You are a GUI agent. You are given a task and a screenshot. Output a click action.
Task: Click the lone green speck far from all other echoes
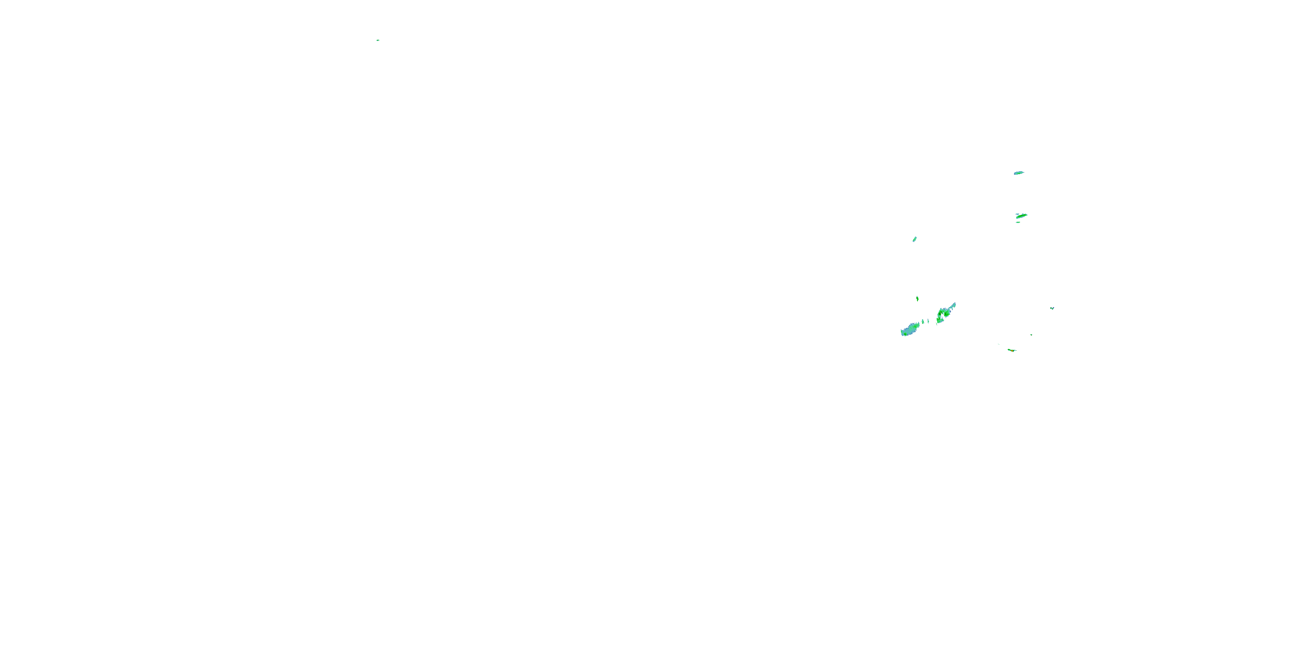(378, 40)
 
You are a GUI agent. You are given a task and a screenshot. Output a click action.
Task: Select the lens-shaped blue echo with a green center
(1018, 173)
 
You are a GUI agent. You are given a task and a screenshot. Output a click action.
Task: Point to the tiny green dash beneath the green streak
(1018, 222)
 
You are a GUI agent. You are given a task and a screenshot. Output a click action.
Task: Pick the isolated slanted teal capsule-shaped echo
(914, 239)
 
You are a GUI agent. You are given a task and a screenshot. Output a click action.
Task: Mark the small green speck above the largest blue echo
(917, 298)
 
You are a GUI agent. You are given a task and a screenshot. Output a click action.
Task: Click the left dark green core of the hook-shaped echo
(940, 314)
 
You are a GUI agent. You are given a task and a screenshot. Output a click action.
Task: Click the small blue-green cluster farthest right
(1052, 308)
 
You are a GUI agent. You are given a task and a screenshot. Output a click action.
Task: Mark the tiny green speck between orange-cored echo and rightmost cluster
(1031, 335)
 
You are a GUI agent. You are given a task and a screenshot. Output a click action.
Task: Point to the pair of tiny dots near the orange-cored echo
(999, 344)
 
